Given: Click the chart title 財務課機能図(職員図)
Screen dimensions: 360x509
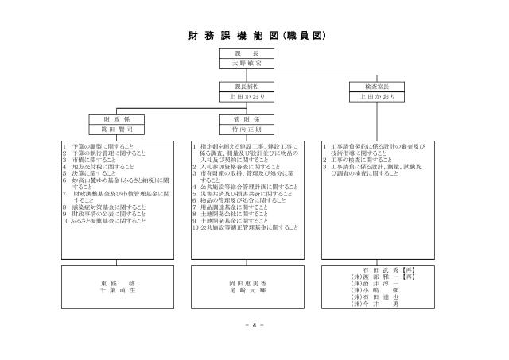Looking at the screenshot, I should click(x=254, y=36).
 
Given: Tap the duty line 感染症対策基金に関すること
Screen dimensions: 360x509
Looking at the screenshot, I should click(x=103, y=207).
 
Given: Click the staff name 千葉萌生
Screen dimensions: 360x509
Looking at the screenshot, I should click(x=118, y=290).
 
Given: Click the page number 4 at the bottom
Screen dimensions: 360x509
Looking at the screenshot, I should click(x=254, y=325).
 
